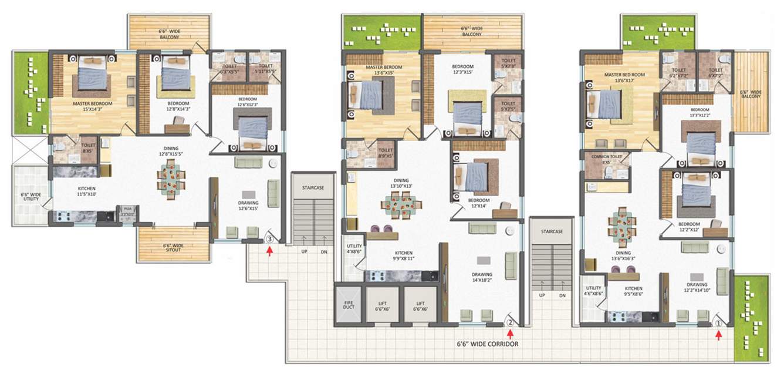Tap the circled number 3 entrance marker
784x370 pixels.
pos(269,239)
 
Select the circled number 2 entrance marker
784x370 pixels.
pos(511,321)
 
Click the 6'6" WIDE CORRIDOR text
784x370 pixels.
pos(488,344)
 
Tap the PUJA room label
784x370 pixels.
pos(126,208)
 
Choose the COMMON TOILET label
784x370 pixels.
pos(606,159)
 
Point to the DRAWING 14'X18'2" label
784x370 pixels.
pos(482,278)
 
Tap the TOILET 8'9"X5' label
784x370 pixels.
pos(386,153)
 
